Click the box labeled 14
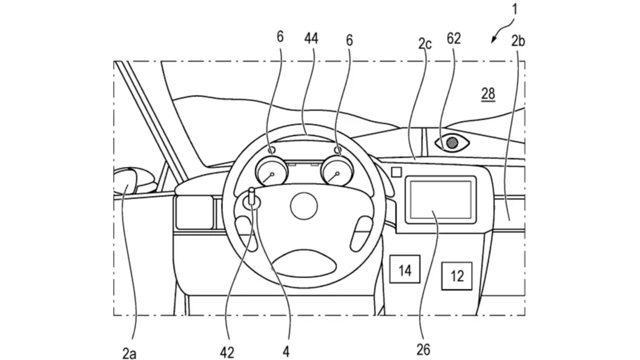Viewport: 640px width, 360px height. pyautogui.click(x=405, y=270)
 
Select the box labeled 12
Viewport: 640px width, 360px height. pyautogui.click(x=457, y=276)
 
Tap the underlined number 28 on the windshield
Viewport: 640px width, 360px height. pyautogui.click(x=488, y=94)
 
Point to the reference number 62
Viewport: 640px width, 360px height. pyautogui.click(x=454, y=39)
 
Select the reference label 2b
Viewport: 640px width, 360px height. pyautogui.click(x=518, y=41)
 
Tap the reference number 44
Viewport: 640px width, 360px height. pyautogui.click(x=311, y=39)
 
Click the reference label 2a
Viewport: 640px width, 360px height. pyautogui.click(x=129, y=353)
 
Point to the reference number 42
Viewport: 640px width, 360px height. pyautogui.click(x=227, y=352)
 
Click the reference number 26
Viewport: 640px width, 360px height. pyautogui.click(x=423, y=350)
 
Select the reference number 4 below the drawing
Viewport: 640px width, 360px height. pyautogui.click(x=286, y=352)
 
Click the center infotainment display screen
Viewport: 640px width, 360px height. pyautogui.click(x=440, y=200)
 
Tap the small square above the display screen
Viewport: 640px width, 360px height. pyautogui.click(x=396, y=172)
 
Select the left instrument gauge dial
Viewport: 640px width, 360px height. pyautogui.click(x=272, y=171)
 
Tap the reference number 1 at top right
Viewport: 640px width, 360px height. pyautogui.click(x=514, y=9)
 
